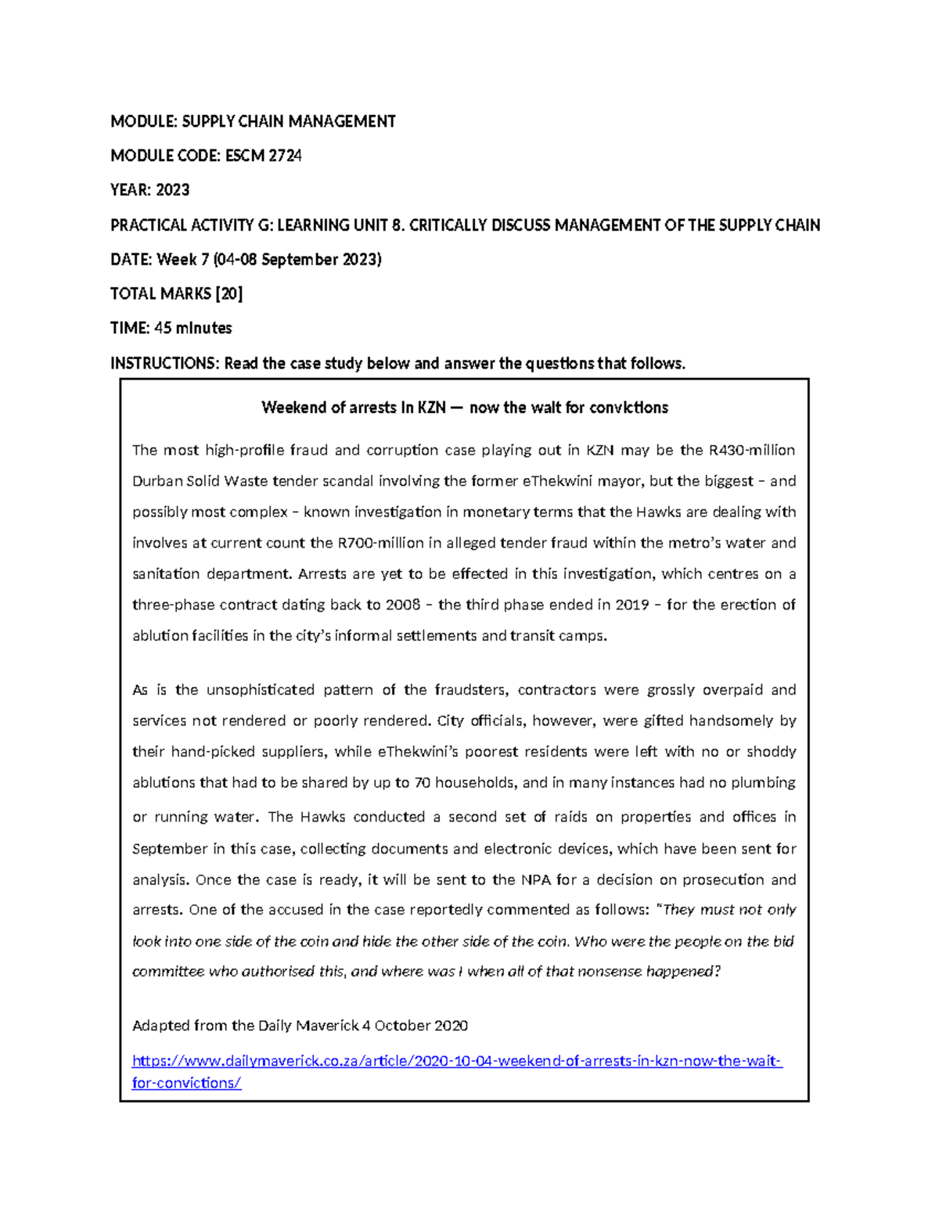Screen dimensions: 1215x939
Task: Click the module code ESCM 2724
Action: (x=263, y=156)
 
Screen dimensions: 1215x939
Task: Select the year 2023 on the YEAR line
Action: (x=172, y=190)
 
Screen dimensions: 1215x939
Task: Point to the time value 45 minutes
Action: (x=192, y=328)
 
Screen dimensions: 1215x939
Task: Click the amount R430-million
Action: (x=751, y=450)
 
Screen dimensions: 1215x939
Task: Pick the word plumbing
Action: (x=765, y=782)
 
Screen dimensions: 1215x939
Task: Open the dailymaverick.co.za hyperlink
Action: (x=457, y=1062)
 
